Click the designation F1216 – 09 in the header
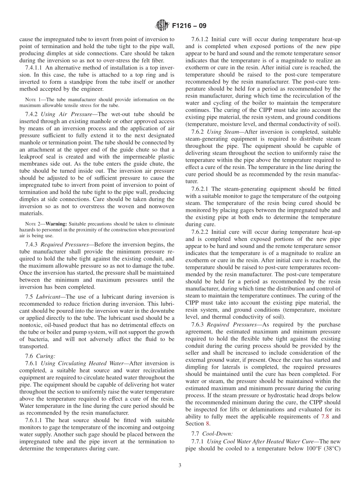pyautogui.click(x=189, y=26)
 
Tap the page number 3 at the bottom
pyautogui.click(x=180, y=466)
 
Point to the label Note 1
pyautogui.click(x=29, y=100)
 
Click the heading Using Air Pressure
pyautogui.click(x=67, y=114)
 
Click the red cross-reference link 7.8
pyautogui.click(x=325, y=416)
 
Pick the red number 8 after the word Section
pyautogui.click(x=207, y=424)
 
